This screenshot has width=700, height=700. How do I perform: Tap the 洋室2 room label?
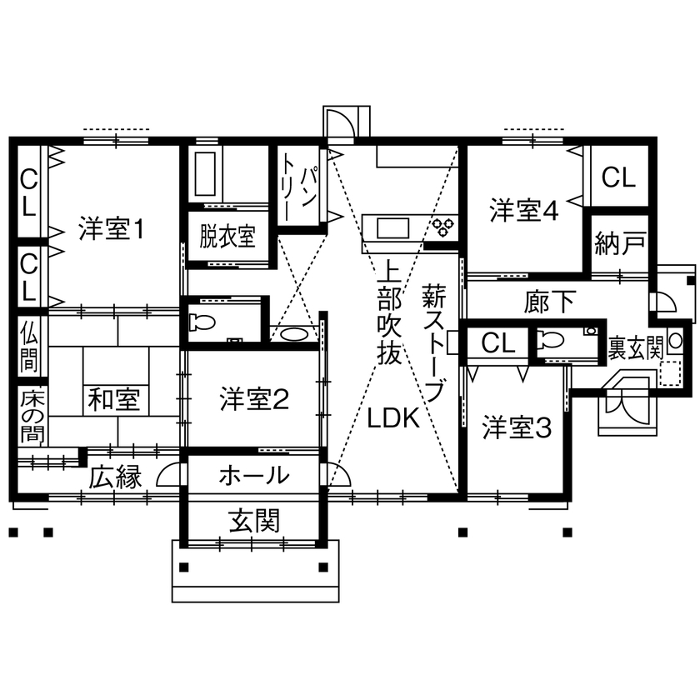(x=254, y=400)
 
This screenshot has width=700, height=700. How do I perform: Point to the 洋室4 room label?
(x=522, y=211)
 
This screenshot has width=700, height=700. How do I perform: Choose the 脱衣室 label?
(x=227, y=237)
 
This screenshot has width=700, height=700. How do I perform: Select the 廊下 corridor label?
(x=550, y=301)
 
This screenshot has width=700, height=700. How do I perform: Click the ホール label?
(x=253, y=476)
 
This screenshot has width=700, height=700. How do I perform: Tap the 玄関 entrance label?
(x=253, y=521)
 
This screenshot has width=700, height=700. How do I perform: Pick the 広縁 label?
(x=115, y=477)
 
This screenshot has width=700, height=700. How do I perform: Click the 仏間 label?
(x=30, y=343)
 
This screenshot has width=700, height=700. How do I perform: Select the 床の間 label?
(x=30, y=413)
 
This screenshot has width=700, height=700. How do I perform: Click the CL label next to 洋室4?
(x=618, y=177)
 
